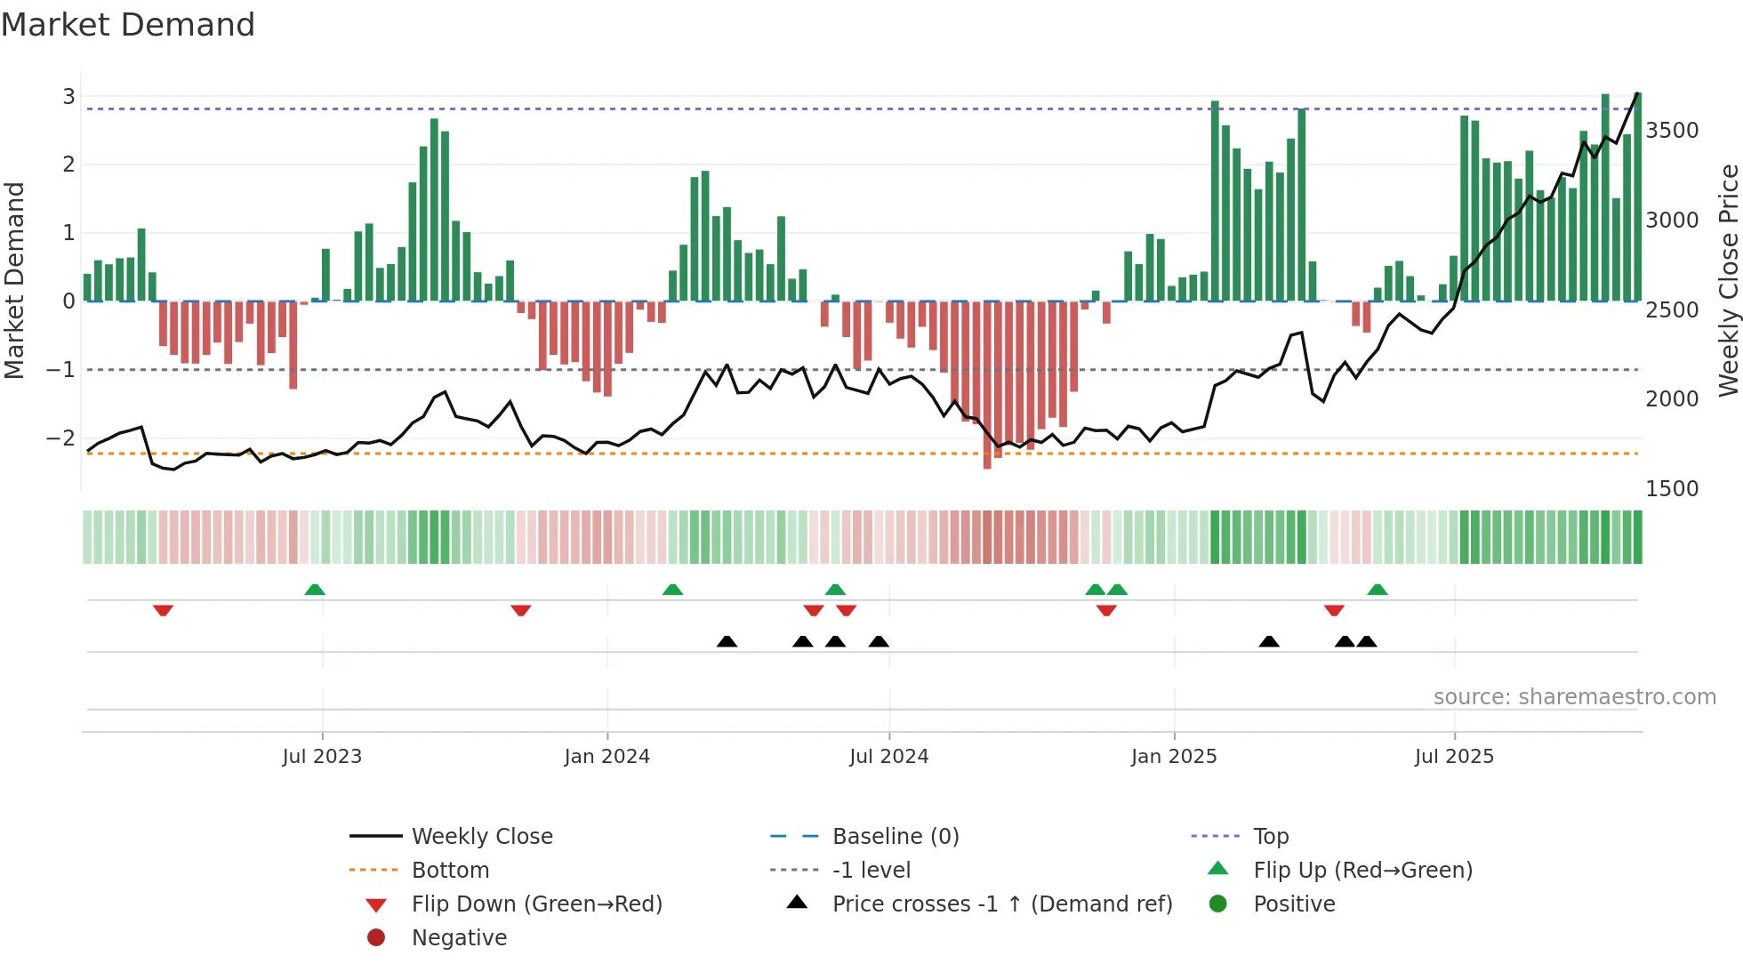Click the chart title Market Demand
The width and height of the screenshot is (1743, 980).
pyautogui.click(x=128, y=25)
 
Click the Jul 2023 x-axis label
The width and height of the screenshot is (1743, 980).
pyautogui.click(x=322, y=757)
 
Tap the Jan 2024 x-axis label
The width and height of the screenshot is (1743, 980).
pyautogui.click(x=606, y=757)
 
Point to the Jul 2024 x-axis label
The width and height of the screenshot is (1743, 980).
pyautogui.click(x=888, y=757)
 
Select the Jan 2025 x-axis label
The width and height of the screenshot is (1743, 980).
pyautogui.click(x=1174, y=757)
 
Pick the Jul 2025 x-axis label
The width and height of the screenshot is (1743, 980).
pyautogui.click(x=1454, y=757)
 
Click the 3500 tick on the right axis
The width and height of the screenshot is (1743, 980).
pyautogui.click(x=1672, y=131)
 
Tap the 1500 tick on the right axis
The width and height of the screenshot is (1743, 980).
pyautogui.click(x=1672, y=489)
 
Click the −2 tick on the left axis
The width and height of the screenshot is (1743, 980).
pyautogui.click(x=60, y=438)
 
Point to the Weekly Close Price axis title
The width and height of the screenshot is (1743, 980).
pyautogui.click(x=1728, y=280)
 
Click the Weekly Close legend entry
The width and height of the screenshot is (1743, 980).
pyautogui.click(x=482, y=837)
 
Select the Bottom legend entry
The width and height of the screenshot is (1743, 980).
pyautogui.click(x=450, y=871)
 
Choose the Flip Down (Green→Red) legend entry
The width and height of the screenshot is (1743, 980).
pyautogui.click(x=536, y=904)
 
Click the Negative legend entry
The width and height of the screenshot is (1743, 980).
pyautogui.click(x=459, y=938)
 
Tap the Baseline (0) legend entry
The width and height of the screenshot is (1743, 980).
pyautogui.click(x=895, y=837)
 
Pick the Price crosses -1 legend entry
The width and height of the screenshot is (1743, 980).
pyautogui.click(x=1001, y=904)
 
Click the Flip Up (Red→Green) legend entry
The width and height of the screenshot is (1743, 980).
pyautogui.click(x=1362, y=871)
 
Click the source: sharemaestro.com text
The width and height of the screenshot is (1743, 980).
pyautogui.click(x=1574, y=697)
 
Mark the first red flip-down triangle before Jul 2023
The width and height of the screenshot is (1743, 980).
pyautogui.click(x=163, y=610)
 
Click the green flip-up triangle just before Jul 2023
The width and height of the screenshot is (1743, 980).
pyautogui.click(x=315, y=590)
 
